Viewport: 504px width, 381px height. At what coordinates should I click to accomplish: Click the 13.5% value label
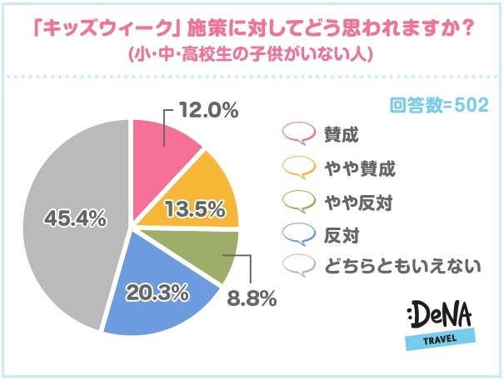[197, 208]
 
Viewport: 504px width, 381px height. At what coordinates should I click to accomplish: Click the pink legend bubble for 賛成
[297, 133]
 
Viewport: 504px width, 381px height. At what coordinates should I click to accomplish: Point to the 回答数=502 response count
[440, 106]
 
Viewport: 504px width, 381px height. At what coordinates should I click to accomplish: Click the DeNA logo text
[442, 317]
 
